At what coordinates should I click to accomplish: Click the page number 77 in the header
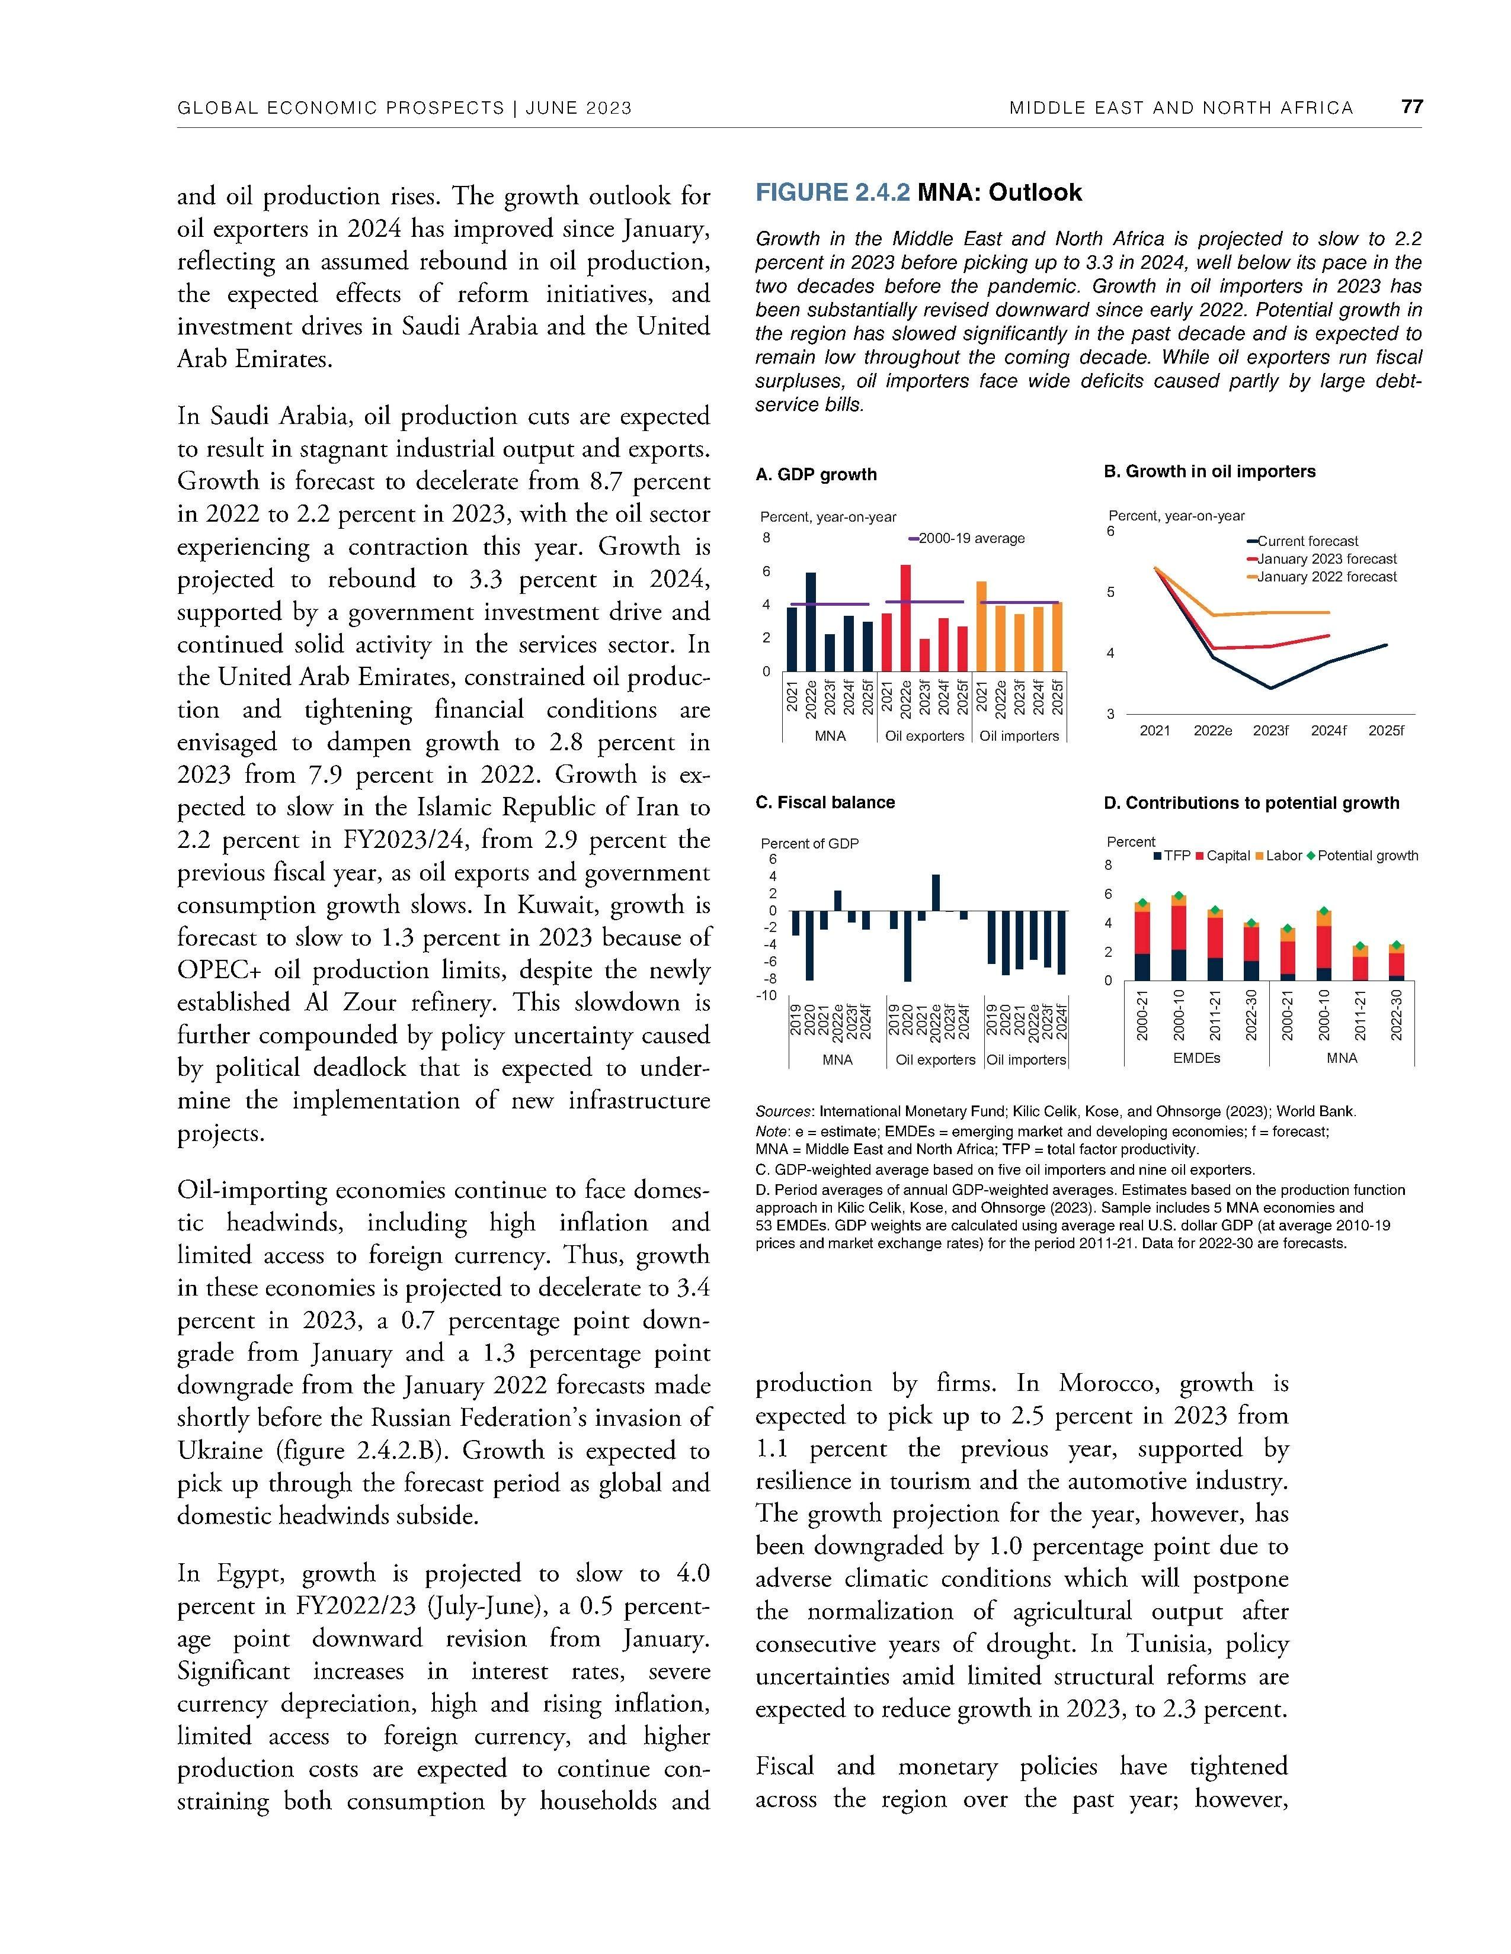point(1411,107)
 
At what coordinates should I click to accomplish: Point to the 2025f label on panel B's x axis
point(1387,731)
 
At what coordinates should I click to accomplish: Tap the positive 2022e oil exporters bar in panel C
point(936,892)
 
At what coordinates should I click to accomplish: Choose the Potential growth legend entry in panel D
point(1364,856)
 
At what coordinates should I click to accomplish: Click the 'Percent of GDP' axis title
point(809,843)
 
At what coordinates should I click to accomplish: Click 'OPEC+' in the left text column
point(219,970)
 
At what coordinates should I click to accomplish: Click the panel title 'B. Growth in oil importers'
point(1209,471)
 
